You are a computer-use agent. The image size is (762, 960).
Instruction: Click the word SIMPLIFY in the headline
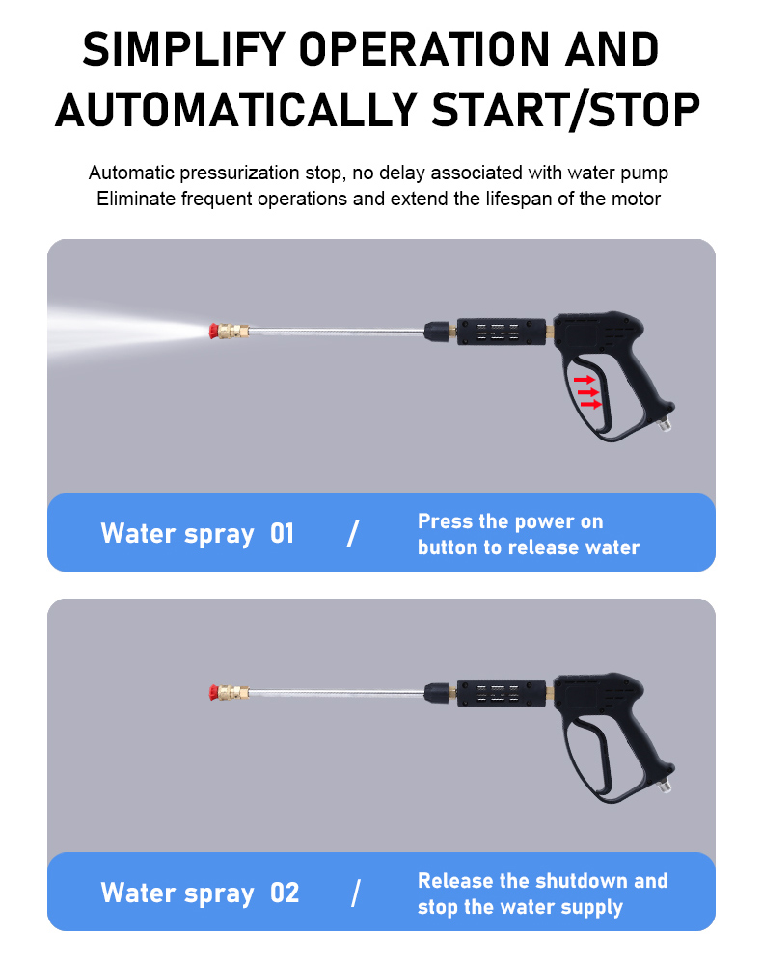[184, 49]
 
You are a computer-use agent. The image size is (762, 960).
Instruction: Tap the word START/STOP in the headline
[565, 110]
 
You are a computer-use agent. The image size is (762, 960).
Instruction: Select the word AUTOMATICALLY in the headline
[236, 110]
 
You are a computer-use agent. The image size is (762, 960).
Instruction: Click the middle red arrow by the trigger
[587, 392]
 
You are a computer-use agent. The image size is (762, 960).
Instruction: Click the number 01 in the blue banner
[282, 533]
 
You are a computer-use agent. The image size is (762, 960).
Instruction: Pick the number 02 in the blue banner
[285, 893]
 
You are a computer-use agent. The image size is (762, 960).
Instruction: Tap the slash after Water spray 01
[353, 533]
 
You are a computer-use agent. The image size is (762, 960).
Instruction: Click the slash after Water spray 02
[356, 893]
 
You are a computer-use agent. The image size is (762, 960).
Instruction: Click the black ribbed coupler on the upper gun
[501, 332]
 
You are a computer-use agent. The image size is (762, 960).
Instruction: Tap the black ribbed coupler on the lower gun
[501, 692]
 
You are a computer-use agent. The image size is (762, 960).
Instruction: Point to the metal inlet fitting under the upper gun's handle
[666, 422]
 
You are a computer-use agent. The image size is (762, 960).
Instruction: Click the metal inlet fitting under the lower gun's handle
[666, 784]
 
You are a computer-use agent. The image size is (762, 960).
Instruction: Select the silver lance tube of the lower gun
[337, 692]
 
